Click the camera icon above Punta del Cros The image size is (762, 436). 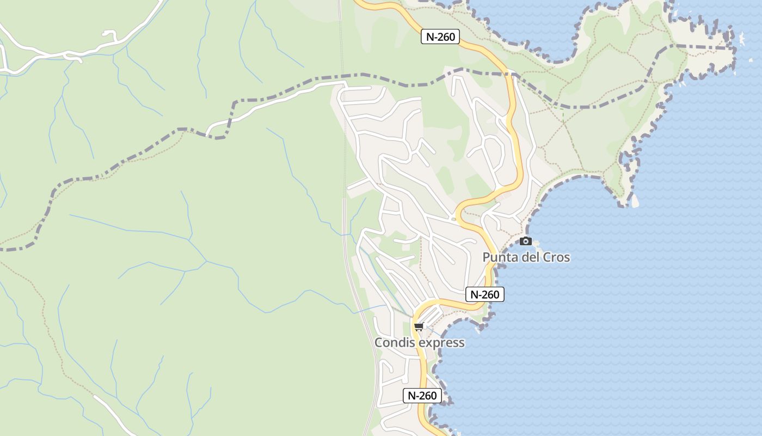click(525, 241)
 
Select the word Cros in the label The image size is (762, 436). click(556, 257)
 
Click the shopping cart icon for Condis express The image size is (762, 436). click(419, 327)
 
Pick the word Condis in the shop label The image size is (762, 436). click(395, 343)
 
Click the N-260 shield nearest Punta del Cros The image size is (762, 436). click(485, 294)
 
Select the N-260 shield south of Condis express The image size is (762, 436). click(422, 396)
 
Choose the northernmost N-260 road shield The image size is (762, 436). click(440, 37)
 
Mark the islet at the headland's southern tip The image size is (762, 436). click(634, 201)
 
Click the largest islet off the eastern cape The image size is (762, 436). click(741, 38)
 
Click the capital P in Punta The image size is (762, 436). click(487, 257)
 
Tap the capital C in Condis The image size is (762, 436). click(379, 343)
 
